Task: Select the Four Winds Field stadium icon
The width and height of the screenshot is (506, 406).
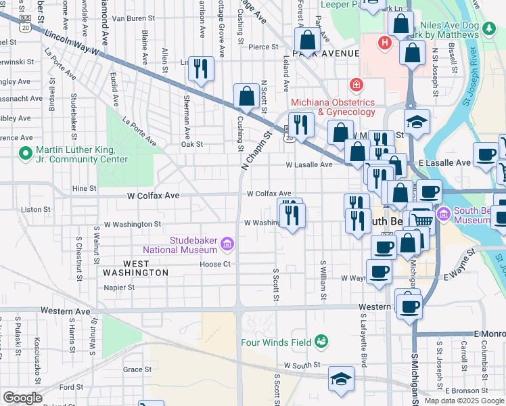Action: click(x=321, y=342)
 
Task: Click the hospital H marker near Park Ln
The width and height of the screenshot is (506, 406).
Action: click(x=385, y=43)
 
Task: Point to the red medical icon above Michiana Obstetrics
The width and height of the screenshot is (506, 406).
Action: click(x=354, y=85)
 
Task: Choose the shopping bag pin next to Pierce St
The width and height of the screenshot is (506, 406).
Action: click(x=307, y=41)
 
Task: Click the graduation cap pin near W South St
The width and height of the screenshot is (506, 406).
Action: click(x=341, y=379)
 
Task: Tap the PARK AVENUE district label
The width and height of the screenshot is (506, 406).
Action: click(x=325, y=53)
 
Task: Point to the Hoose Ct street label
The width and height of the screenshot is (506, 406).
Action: click(x=215, y=264)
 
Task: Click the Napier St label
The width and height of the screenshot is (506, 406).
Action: click(x=120, y=287)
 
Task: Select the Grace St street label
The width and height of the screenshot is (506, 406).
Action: click(x=137, y=369)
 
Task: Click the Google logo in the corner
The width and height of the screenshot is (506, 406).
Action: click(x=22, y=398)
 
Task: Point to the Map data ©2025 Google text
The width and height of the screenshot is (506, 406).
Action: click(x=463, y=401)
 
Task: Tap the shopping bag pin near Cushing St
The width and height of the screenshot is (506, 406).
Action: click(x=246, y=97)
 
